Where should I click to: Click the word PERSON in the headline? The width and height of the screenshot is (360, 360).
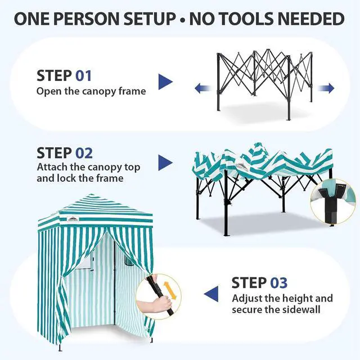click(x=87, y=19)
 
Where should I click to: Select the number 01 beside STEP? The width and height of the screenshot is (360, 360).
click(x=84, y=76)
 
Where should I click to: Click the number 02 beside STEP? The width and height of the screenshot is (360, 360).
click(x=84, y=153)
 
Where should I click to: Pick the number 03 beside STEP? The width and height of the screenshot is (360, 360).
click(x=279, y=282)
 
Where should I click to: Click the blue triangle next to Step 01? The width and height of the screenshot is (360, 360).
click(x=165, y=82)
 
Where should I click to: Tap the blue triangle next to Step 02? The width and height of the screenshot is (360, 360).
click(x=165, y=163)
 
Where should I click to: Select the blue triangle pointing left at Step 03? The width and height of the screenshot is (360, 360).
click(x=211, y=294)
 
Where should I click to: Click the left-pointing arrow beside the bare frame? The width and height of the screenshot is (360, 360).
click(x=203, y=88)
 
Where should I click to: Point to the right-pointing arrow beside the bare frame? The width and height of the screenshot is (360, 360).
click(x=326, y=88)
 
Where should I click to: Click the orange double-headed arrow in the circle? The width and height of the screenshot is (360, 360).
click(x=170, y=290)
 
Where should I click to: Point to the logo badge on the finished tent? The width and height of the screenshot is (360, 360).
click(x=73, y=219)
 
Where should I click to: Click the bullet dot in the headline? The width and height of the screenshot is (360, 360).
click(x=182, y=20)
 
